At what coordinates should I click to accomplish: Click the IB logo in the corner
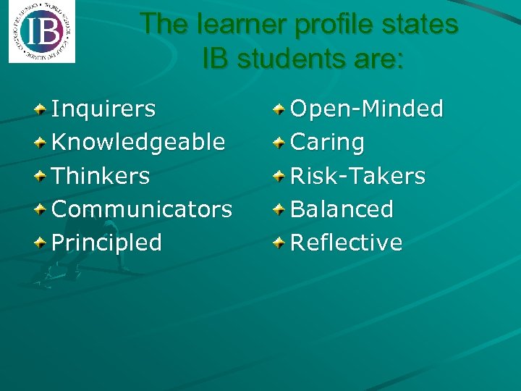[x=41, y=33]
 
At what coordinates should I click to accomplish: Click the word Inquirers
[x=103, y=109]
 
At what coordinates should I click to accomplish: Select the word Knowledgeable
[x=138, y=143]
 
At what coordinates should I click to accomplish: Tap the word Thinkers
[x=101, y=176]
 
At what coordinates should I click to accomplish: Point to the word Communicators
[x=142, y=209]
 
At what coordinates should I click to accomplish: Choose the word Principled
[x=106, y=243]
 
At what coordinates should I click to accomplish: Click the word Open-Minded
[x=366, y=109]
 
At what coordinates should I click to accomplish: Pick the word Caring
[x=327, y=143]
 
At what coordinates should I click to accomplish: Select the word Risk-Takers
[x=357, y=176]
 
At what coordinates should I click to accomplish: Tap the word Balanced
[x=342, y=209]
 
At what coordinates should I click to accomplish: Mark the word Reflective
[x=346, y=243]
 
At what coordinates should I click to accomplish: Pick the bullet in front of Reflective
[x=279, y=243]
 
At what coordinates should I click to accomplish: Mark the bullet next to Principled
[x=42, y=243]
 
